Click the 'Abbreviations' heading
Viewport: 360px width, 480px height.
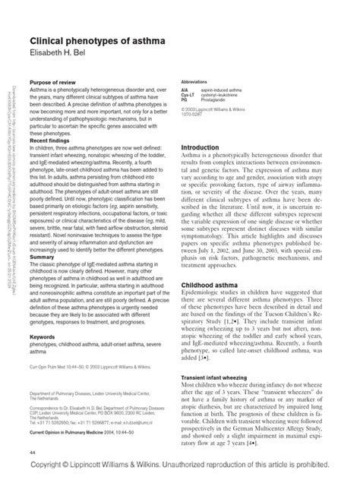pyautogui.click(x=196, y=81)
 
